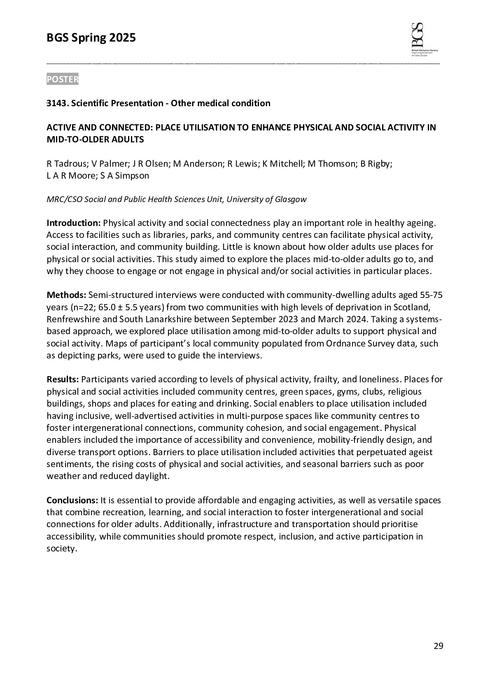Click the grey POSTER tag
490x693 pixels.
[62, 79]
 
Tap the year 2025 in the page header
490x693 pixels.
[122, 38]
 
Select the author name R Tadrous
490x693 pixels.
[66, 164]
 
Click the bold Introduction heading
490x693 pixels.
[73, 223]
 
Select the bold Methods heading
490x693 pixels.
[66, 295]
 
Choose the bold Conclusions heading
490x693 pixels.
[72, 500]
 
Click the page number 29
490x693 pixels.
[439, 646]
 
